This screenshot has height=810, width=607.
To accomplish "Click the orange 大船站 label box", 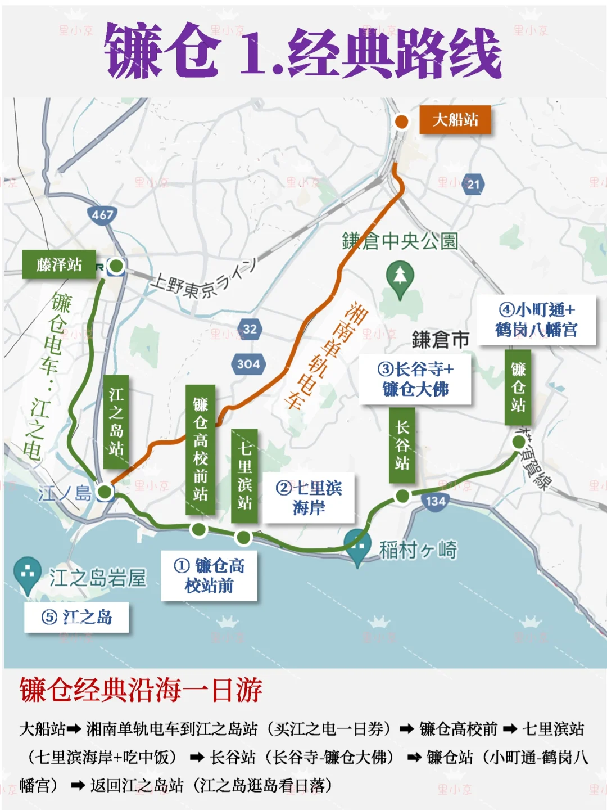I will (455, 120).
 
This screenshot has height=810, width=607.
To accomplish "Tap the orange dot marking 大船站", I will (401, 121).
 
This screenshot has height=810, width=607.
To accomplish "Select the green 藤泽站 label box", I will (59, 264).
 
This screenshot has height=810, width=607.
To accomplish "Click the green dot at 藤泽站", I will (116, 265).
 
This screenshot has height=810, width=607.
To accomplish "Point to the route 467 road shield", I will (102, 215).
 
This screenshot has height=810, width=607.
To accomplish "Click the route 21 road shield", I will (473, 184).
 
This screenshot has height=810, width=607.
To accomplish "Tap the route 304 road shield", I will (248, 364).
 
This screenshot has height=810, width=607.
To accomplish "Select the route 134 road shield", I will (436, 501).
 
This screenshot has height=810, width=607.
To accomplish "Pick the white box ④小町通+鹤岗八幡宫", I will (536, 319).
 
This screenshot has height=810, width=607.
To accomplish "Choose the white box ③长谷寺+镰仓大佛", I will (415, 379).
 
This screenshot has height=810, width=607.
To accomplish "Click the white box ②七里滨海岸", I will (309, 498).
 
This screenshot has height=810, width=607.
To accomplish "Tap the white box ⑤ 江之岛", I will (76, 617).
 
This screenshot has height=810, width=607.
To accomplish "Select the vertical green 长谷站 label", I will (402, 445).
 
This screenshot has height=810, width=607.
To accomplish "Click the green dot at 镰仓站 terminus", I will (519, 442).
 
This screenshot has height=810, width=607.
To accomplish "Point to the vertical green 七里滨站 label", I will (244, 475).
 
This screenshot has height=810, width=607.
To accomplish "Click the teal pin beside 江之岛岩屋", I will (27, 574).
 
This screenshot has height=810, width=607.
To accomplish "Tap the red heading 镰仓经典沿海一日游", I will (141, 690).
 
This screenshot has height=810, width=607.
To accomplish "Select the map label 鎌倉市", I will (441, 340).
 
